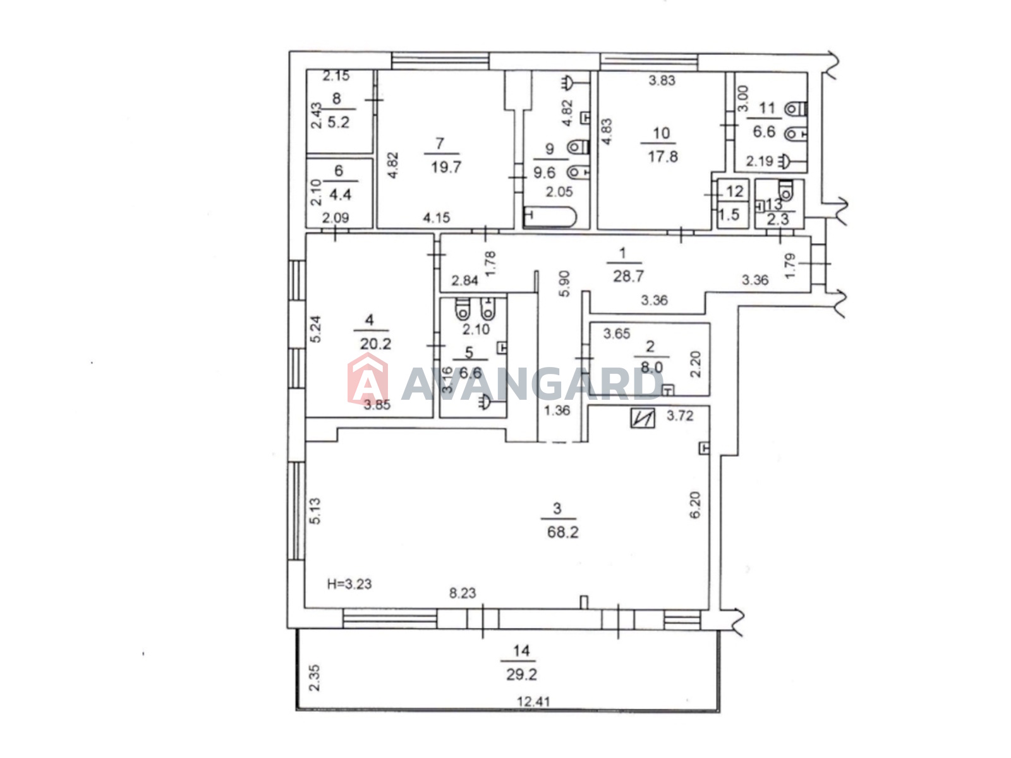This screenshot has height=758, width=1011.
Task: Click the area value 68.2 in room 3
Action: click(562, 532)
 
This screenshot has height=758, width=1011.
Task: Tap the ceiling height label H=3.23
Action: click(349, 584)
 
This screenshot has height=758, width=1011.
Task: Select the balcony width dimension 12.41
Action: click(533, 701)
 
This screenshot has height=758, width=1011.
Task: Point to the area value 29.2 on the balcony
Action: click(521, 675)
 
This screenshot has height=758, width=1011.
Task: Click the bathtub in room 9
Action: click(550, 217)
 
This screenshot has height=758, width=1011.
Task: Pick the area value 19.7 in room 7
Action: click(446, 167)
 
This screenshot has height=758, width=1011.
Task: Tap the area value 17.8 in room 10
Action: click(662, 157)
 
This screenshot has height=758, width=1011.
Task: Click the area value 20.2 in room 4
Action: click(375, 344)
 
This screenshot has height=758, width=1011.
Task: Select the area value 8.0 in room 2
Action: click(651, 367)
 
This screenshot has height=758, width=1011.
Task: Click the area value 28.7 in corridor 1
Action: click(628, 276)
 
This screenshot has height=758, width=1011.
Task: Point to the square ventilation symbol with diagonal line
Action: click(642, 418)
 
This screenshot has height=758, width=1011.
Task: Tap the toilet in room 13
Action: click(785, 191)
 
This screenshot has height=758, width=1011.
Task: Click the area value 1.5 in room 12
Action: click(729, 214)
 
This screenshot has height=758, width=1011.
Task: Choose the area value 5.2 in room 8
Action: click(339, 123)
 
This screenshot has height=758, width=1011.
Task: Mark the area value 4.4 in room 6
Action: click(340, 194)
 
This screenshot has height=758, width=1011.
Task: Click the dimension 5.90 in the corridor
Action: click(564, 284)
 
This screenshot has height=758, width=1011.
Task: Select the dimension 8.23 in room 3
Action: click(463, 593)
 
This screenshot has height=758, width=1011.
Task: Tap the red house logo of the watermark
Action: click(367, 379)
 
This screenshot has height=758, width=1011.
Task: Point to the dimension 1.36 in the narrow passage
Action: click(557, 410)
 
